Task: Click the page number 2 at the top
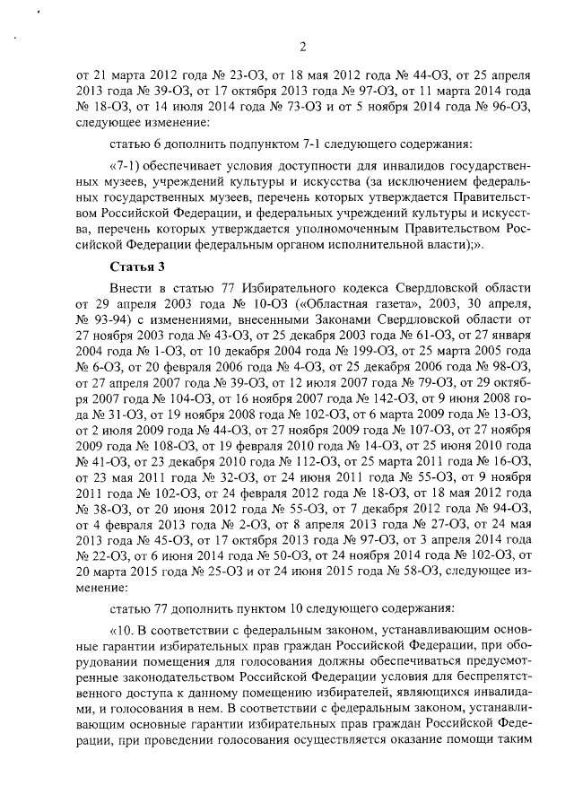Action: coord(302,48)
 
